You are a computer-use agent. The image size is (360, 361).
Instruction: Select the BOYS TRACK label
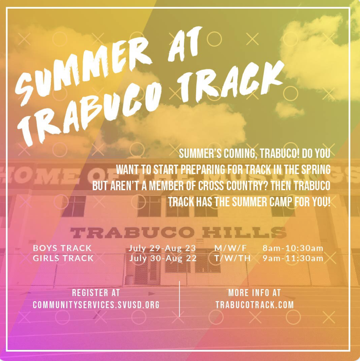[x=62, y=248]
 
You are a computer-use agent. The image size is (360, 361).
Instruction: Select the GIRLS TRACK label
[x=63, y=258]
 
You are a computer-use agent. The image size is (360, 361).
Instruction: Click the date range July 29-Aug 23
[x=162, y=248]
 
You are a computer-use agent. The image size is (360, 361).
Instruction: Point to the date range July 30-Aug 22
[x=163, y=258]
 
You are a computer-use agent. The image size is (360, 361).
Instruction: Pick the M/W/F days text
[x=228, y=248]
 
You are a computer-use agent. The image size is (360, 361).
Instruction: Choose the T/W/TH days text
[x=232, y=258]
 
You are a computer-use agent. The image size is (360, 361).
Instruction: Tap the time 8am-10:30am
[x=293, y=248]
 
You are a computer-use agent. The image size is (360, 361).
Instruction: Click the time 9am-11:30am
[x=293, y=258]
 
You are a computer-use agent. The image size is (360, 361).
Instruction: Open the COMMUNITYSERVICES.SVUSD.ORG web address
[x=96, y=305]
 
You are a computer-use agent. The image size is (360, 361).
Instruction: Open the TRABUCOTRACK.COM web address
[x=255, y=305]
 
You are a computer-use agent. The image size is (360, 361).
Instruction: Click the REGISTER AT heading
[x=96, y=292]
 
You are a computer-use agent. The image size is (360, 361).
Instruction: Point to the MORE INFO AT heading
[x=255, y=292]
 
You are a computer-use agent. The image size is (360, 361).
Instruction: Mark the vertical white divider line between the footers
[x=179, y=299]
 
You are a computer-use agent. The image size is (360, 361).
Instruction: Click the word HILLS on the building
[x=244, y=233]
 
